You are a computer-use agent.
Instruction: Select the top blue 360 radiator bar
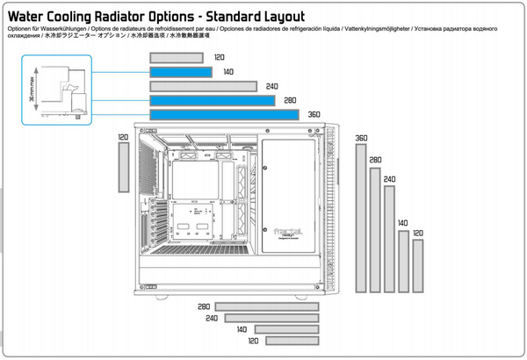[x=224, y=115]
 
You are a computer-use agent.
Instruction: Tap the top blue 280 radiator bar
[x=213, y=101]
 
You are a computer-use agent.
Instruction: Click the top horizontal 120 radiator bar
[x=177, y=57]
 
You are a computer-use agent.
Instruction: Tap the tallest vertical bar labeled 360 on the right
[x=360, y=218]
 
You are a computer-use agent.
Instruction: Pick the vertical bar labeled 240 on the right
[x=388, y=238]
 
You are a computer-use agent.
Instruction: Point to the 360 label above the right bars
[x=361, y=138]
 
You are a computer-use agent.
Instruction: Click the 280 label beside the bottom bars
[x=205, y=307]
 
